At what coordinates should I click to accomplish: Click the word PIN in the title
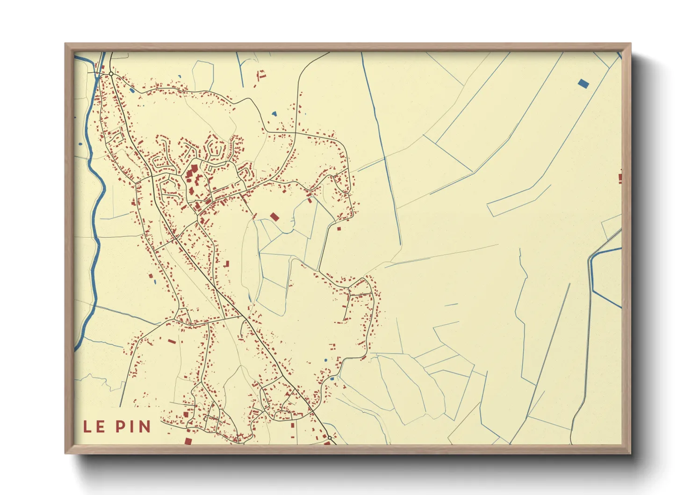(133, 427)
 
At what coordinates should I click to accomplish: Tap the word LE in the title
(94, 427)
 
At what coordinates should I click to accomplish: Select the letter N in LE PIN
(145, 427)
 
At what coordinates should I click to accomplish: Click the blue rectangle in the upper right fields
(583, 84)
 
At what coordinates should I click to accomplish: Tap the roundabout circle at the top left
(112, 73)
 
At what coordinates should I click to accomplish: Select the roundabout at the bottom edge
(330, 437)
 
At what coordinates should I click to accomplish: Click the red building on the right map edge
(620, 178)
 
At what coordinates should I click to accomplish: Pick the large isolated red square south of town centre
(274, 217)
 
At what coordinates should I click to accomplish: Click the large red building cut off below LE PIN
(188, 441)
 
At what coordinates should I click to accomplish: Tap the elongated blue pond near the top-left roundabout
(132, 90)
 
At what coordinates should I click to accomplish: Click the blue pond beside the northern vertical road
(274, 114)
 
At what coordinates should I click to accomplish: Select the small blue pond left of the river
(80, 144)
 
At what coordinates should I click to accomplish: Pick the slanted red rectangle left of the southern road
(172, 342)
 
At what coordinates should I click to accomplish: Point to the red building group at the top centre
(261, 75)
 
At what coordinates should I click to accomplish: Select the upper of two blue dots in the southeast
(325, 360)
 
